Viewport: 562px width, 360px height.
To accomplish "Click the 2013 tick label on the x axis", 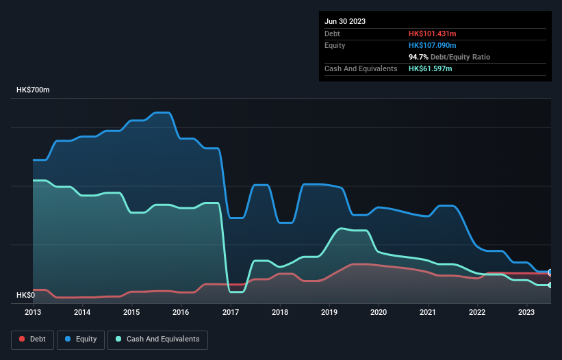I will [33, 312].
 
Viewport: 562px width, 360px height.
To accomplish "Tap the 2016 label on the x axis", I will [181, 312].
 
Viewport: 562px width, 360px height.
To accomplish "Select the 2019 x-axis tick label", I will [329, 312].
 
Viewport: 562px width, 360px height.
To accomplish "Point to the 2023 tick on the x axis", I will [526, 312].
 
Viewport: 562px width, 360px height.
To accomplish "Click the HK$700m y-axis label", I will [33, 90].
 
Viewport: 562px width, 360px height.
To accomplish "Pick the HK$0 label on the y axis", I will [25, 295].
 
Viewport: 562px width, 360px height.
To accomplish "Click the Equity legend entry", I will [81, 339].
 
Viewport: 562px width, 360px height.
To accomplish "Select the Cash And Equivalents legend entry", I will [157, 339].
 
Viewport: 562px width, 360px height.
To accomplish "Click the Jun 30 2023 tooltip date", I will [345, 21].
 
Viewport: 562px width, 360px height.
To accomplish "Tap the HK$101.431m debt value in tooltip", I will [432, 34].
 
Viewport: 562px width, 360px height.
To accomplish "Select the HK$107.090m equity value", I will [432, 45].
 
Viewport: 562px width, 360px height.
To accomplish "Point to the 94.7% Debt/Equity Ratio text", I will [449, 57].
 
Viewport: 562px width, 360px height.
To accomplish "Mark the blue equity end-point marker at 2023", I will [550, 272].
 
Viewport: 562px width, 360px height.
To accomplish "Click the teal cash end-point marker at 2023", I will [550, 285].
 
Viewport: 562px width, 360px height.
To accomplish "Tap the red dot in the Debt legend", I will [22, 339].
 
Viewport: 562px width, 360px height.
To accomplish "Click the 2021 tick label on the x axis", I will [428, 312].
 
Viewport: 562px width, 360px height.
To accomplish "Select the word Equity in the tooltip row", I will [335, 45].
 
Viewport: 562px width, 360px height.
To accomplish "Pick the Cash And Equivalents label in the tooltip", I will [361, 68].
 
